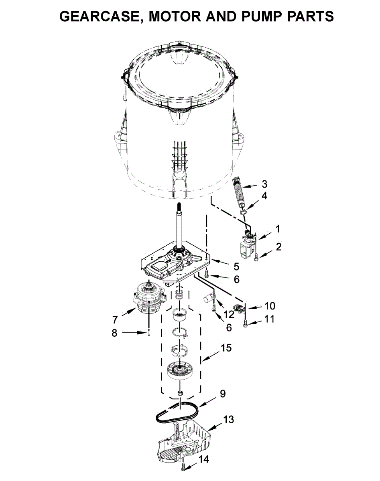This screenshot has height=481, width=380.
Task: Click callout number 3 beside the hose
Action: (x=264, y=184)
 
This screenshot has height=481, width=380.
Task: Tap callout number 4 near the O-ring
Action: (x=264, y=196)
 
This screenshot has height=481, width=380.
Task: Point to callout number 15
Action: (x=226, y=348)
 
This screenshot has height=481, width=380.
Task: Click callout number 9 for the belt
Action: (x=223, y=394)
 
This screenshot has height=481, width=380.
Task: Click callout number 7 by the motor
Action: (x=115, y=320)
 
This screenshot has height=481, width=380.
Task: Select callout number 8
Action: (x=114, y=333)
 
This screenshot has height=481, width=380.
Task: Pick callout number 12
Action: (x=229, y=314)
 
